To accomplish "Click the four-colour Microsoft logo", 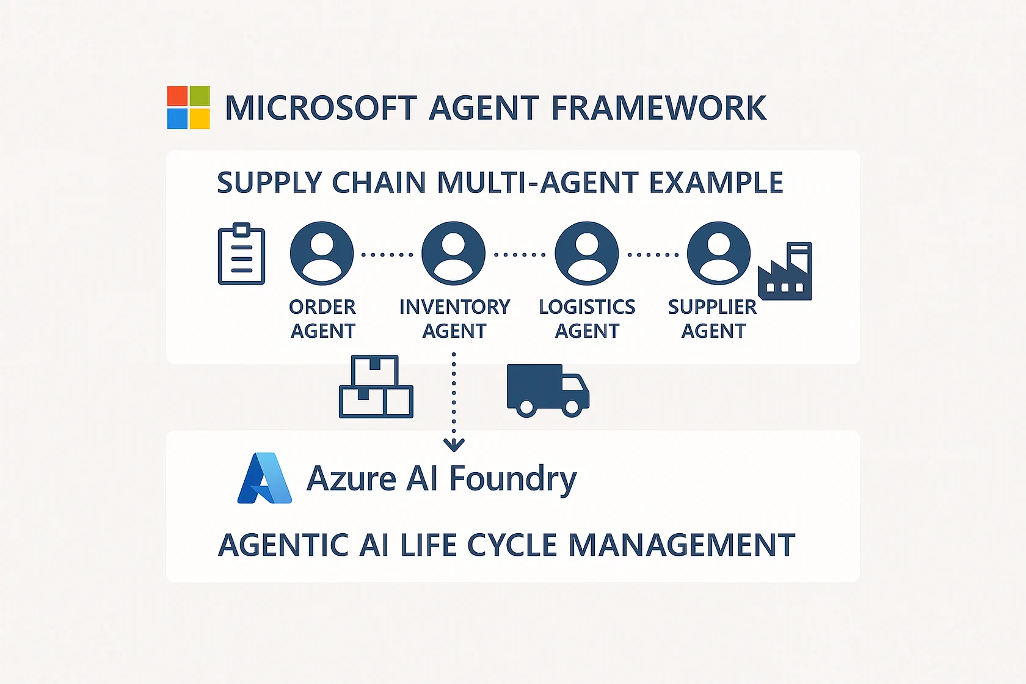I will click(189, 107).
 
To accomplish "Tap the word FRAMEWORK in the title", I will click(658, 108).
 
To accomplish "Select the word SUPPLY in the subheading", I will click(269, 183).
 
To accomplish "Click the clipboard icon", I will click(242, 254).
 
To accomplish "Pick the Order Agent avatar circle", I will click(322, 253).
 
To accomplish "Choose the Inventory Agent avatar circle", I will click(453, 253).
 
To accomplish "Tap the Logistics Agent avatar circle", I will click(586, 253).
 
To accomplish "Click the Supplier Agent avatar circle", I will click(719, 253).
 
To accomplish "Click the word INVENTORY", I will click(454, 307).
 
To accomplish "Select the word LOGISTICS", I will click(587, 307).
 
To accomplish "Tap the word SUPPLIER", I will click(712, 307).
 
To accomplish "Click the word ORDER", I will click(322, 307).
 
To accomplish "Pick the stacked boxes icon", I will click(376, 387).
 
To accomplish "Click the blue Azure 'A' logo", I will click(264, 478).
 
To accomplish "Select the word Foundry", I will click(513, 479).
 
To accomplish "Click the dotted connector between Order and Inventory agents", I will click(387, 255).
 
